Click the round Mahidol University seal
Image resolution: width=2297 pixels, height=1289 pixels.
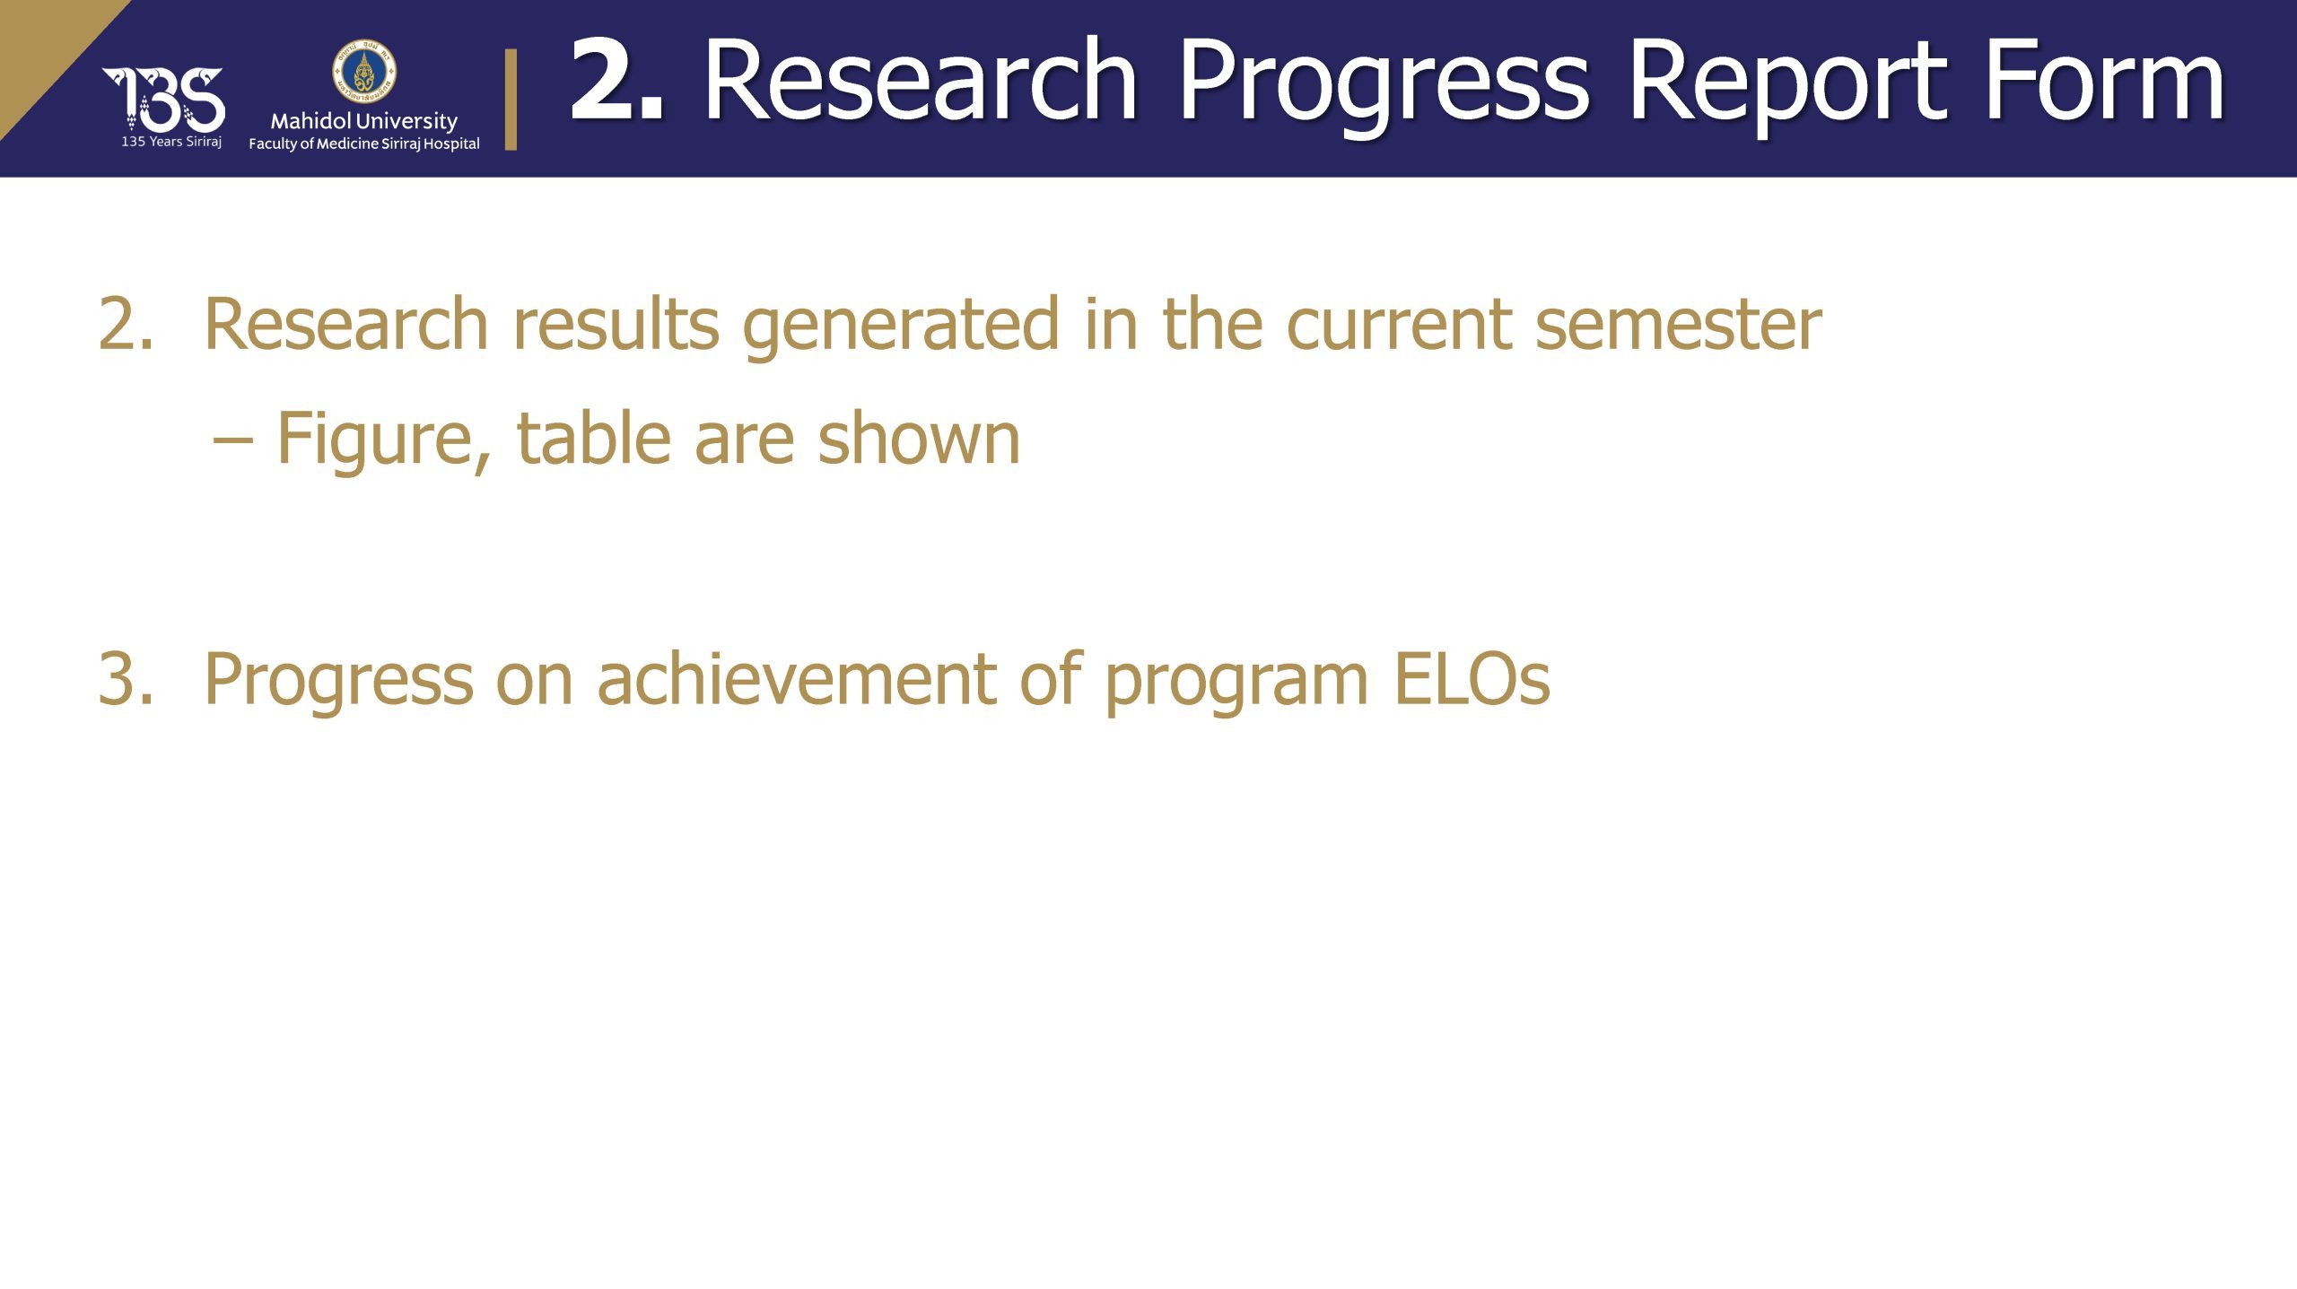click(364, 71)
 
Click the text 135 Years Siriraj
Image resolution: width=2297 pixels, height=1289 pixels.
click(171, 142)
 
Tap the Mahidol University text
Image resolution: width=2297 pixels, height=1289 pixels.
click(364, 121)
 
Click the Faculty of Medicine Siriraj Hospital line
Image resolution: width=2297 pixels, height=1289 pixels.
click(364, 144)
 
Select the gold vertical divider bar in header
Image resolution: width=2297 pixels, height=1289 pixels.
click(511, 99)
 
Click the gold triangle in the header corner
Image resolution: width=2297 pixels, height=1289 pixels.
click(45, 49)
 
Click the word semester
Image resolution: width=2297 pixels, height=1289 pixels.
click(1678, 324)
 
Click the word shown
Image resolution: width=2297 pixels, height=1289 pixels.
click(919, 437)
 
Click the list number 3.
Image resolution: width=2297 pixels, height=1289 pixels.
click(125, 679)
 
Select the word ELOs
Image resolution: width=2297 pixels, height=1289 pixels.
click(1472, 679)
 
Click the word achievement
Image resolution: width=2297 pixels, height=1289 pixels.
click(797, 677)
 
